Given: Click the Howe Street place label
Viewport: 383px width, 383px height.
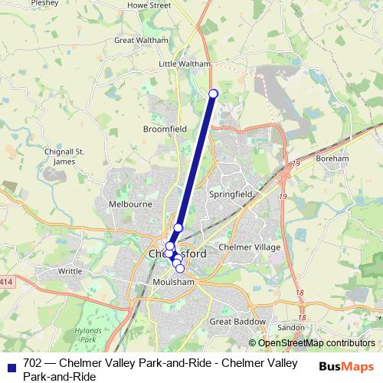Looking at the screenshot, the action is tap(149, 5).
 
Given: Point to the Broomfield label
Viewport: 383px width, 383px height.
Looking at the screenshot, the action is tap(165, 129).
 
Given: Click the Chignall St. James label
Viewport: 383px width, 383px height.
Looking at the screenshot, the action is tap(64, 156).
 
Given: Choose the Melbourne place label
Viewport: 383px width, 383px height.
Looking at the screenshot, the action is tap(130, 205).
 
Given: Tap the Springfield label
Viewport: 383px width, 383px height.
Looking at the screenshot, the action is tap(231, 195).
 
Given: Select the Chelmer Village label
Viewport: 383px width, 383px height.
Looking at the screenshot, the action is tap(250, 247).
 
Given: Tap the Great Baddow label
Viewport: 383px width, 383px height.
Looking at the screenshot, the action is tap(237, 322).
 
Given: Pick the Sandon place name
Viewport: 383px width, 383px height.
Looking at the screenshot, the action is tap(290, 327).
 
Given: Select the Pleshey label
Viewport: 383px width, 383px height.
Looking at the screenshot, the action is tap(45, 3).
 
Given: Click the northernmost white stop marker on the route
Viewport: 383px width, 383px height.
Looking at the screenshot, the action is tap(213, 93).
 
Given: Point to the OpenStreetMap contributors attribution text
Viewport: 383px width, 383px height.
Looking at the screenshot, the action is tap(316, 343).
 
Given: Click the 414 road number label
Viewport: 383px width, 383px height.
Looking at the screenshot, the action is tap(5, 281).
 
